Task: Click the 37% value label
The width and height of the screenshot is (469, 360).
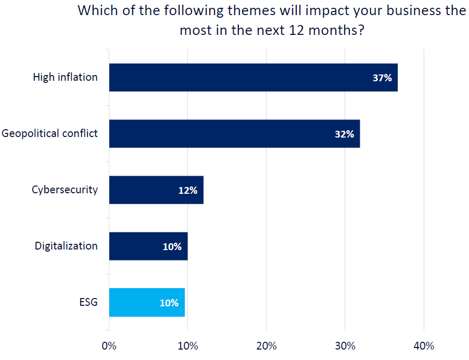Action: tap(382, 78)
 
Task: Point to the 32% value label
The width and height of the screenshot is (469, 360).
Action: tap(344, 134)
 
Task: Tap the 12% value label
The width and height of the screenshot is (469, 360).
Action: tap(187, 190)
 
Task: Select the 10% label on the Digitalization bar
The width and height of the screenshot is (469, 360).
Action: tap(172, 246)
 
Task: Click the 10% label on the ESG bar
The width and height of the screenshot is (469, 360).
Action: tap(169, 303)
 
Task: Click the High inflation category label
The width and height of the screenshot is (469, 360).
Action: tap(65, 77)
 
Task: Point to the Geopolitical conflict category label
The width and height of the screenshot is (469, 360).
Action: tap(49, 133)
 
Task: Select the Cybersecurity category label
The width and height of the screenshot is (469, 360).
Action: tap(65, 190)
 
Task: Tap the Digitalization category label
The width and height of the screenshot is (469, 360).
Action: tap(66, 246)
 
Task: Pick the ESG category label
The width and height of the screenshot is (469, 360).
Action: tap(88, 302)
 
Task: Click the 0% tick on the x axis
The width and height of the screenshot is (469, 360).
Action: tap(109, 346)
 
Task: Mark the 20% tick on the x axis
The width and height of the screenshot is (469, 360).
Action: tap(266, 346)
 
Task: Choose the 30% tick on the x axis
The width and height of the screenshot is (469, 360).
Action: tap(345, 346)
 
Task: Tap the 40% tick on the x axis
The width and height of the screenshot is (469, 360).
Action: tap(424, 346)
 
